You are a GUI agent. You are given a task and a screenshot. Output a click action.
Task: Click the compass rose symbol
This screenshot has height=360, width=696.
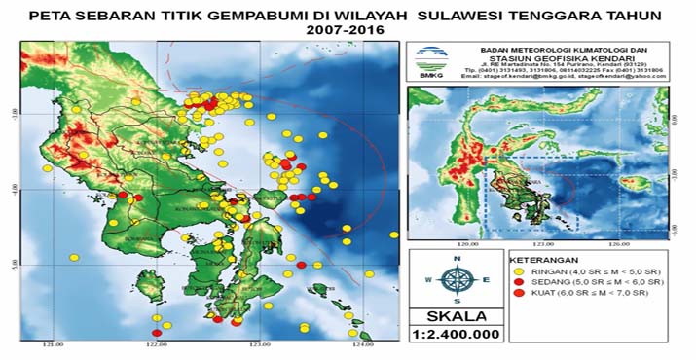(457, 279)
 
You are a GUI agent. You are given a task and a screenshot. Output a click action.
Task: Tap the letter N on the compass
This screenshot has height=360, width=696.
(457, 259)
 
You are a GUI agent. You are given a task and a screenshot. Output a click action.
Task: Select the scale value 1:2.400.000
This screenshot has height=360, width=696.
(457, 333)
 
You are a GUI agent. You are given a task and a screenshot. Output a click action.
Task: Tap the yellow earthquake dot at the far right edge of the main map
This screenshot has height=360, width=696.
(393, 234)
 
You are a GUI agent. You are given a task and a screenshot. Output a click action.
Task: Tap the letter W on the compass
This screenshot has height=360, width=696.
(431, 279)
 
